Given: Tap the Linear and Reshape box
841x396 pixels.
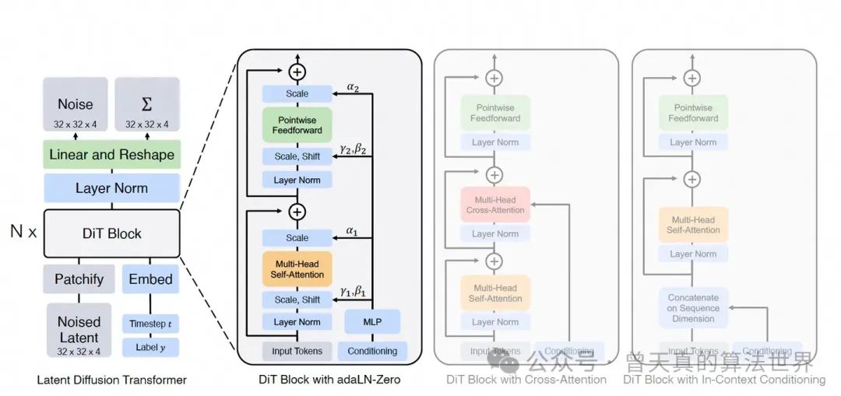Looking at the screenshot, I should pyautogui.click(x=111, y=154).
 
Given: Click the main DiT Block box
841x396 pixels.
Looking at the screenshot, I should pyautogui.click(x=111, y=233).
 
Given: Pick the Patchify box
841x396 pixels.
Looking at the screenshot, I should pyautogui.click(x=79, y=279).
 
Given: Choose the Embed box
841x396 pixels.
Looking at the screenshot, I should pyautogui.click(x=150, y=279).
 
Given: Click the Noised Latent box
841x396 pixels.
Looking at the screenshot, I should pyautogui.click(x=79, y=330).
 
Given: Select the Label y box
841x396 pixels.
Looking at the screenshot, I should pyautogui.click(x=150, y=347).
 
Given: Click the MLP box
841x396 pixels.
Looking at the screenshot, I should pyautogui.click(x=372, y=321).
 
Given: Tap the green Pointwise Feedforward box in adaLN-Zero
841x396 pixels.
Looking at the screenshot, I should pyautogui.click(x=297, y=124).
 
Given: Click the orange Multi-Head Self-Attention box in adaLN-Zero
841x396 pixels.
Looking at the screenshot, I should pyautogui.click(x=297, y=268).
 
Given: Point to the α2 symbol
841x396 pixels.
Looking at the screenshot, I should pyautogui.click(x=352, y=88).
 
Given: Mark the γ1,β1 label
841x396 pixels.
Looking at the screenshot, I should pyautogui.click(x=352, y=292).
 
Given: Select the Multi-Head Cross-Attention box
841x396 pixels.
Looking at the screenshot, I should pyautogui.click(x=494, y=205).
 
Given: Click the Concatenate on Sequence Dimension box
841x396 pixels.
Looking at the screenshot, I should pyautogui.click(x=693, y=308).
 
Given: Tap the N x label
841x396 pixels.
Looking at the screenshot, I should pyautogui.click(x=23, y=233).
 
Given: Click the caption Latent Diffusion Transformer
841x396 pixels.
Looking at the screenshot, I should pyautogui.click(x=111, y=380).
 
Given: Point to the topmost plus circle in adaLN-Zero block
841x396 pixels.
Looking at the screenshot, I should pyautogui.click(x=297, y=72).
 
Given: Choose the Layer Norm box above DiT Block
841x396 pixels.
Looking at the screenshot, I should pyautogui.click(x=111, y=188).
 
